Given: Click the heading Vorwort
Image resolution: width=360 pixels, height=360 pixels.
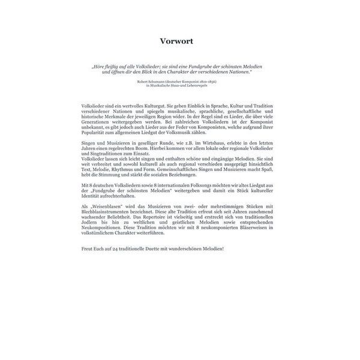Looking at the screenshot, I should click(x=180, y=41).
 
